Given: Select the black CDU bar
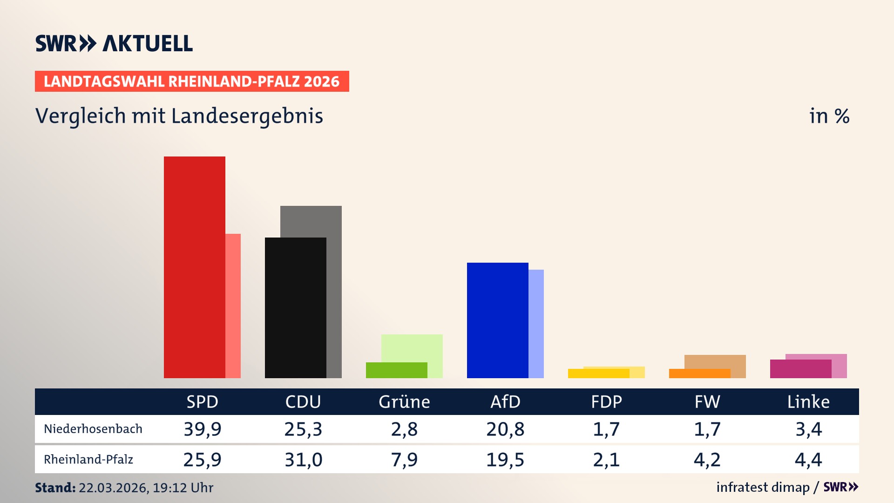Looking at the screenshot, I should pyautogui.click(x=295, y=307).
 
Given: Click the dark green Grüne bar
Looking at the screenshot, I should pyautogui.click(x=396, y=370).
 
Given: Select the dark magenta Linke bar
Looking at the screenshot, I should pyautogui.click(x=800, y=368).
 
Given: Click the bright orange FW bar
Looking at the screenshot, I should pyautogui.click(x=699, y=373).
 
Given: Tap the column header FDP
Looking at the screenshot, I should pyautogui.click(x=606, y=401).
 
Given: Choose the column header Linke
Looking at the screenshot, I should pyautogui.click(x=808, y=401).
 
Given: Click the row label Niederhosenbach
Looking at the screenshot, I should pyautogui.click(x=93, y=429).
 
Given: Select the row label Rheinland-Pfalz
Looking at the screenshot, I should pyautogui.click(x=88, y=460).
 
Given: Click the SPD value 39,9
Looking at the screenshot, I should pyautogui.click(x=202, y=429).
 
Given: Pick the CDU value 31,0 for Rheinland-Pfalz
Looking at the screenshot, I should pyautogui.click(x=303, y=460).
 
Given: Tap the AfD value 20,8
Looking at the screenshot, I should pyautogui.click(x=505, y=429).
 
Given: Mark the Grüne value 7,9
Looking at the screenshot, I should pyautogui.click(x=404, y=460).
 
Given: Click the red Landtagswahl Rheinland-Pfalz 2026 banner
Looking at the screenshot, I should pyautogui.click(x=192, y=81).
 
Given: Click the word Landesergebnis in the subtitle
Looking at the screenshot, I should pyautogui.click(x=247, y=116).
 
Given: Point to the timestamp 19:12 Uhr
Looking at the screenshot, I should pyautogui.click(x=183, y=488).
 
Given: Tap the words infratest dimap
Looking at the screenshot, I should pyautogui.click(x=763, y=487).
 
